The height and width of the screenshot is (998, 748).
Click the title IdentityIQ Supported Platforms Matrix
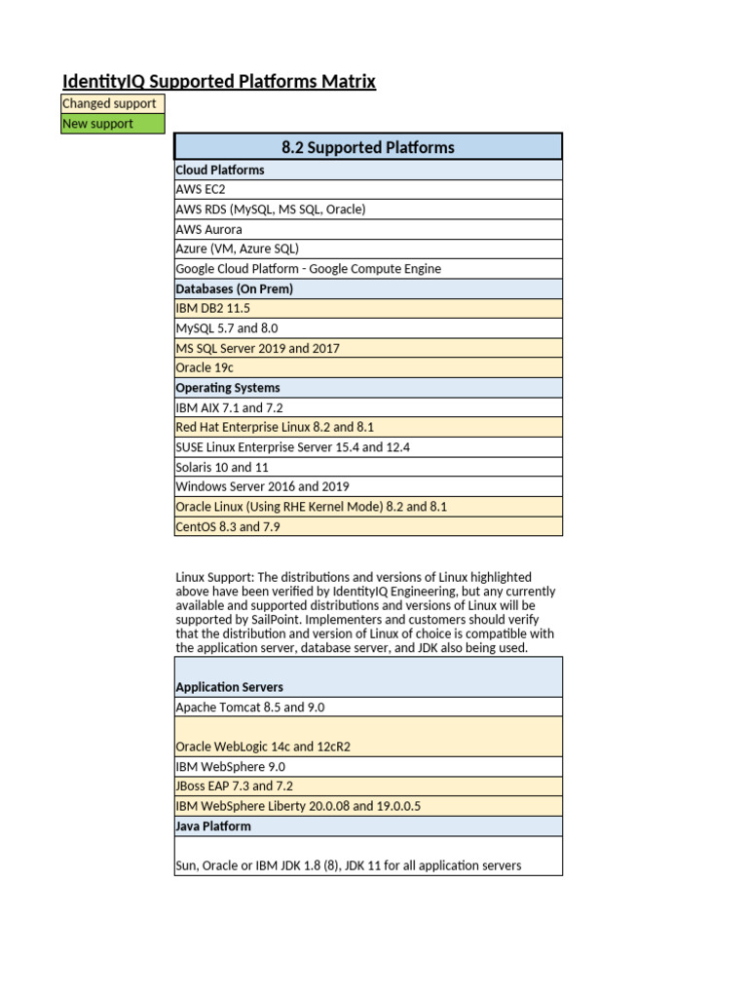tap(219, 82)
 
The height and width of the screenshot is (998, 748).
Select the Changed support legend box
tap(112, 103)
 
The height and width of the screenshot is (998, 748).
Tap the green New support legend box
tap(112, 124)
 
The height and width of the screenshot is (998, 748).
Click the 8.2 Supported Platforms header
tap(368, 147)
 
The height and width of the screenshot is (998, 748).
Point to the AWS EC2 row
tap(368, 189)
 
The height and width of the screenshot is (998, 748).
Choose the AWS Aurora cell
tap(368, 229)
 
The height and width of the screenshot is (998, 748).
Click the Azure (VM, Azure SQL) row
tap(368, 249)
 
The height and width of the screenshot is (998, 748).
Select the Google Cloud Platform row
tap(368, 269)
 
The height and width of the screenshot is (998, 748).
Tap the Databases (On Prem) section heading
tap(368, 288)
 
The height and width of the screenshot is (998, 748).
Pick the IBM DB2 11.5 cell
tap(368, 308)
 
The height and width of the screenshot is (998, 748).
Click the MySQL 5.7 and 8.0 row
tap(368, 328)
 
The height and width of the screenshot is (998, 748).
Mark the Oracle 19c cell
tap(368, 367)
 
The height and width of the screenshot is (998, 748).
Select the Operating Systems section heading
tap(368, 388)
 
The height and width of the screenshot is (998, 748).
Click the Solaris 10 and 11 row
tap(368, 467)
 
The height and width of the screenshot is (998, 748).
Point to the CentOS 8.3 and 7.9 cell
tap(368, 526)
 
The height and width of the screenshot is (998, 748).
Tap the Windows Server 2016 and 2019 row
tap(368, 486)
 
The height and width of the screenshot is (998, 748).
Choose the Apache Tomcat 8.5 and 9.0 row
tap(368, 707)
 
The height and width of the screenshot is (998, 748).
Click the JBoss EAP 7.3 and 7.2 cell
tap(368, 786)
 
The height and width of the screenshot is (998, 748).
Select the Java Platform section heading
tap(368, 825)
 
